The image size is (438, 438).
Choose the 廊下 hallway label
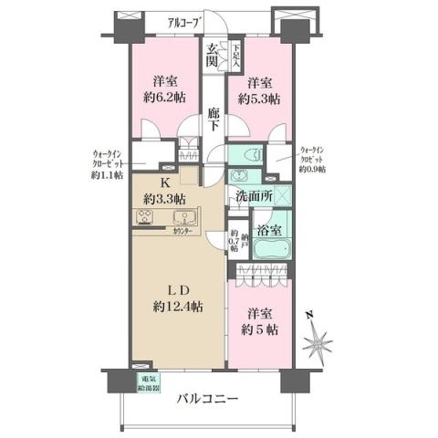(213, 118)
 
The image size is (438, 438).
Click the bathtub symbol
(270, 249)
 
